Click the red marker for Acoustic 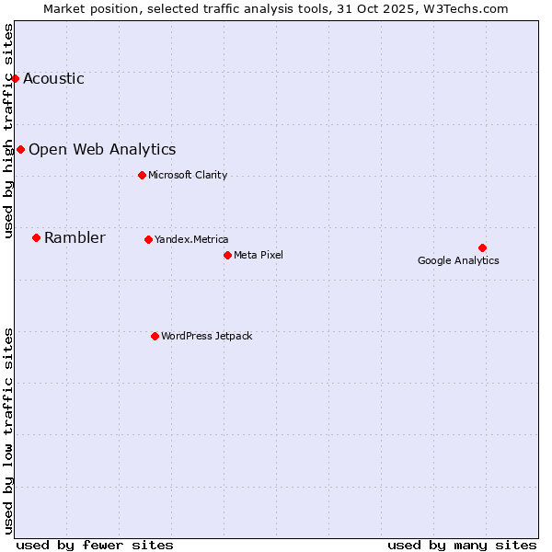(15, 78)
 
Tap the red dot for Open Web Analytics (20, 149)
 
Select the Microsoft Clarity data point (142, 175)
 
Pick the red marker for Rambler (36, 237)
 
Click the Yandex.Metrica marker (148, 239)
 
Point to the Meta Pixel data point (227, 255)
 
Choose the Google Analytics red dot (482, 247)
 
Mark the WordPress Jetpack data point (155, 336)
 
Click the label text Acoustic (53, 78)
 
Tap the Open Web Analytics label (102, 149)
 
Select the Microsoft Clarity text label (188, 175)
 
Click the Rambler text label (75, 237)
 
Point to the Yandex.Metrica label (191, 239)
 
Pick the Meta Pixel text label (259, 255)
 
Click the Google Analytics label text (458, 260)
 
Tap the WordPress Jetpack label (206, 336)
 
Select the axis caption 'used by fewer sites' (95, 545)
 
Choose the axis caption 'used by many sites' (462, 545)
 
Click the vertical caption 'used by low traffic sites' (9, 431)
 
